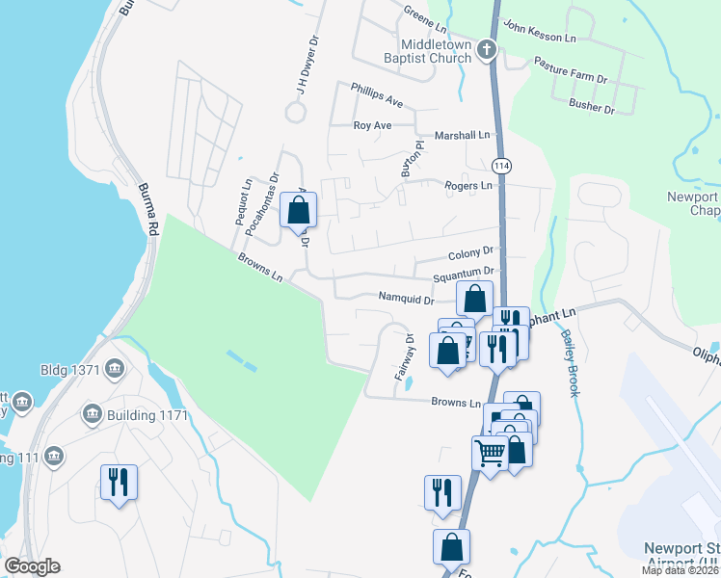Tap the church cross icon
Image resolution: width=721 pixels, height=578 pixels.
point(488,48)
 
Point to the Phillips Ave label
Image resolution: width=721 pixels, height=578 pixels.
point(377,99)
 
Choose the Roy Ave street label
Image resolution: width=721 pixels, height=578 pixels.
point(372,125)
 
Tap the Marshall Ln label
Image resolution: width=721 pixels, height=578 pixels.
point(463,136)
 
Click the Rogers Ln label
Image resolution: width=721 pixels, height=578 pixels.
point(467,186)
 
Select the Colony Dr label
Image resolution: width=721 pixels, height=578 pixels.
point(470,255)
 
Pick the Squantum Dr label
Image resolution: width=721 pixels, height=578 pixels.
point(463,276)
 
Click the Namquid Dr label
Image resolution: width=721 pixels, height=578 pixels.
point(406,299)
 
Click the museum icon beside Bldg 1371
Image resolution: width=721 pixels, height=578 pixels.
point(115,368)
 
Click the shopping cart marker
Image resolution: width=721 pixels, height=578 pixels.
point(490,451)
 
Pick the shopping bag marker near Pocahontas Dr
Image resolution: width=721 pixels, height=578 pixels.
point(298,209)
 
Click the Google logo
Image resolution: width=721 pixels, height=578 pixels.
point(32,567)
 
